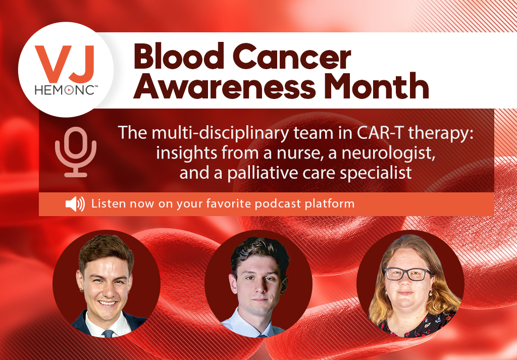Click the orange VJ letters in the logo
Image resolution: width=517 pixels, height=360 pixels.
[x=65, y=64]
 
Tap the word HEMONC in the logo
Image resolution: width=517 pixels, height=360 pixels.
[x=65, y=90]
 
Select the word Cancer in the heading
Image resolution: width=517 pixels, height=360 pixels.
[x=293, y=57]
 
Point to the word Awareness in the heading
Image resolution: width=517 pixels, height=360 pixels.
[x=224, y=86]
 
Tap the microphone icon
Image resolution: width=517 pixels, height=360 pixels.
[x=76, y=152]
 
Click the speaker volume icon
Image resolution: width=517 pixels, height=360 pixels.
[x=75, y=204]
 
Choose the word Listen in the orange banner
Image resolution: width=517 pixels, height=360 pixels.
[x=109, y=203]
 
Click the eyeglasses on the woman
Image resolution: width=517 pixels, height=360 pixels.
[x=407, y=274]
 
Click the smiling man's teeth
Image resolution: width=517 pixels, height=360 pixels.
[x=107, y=303]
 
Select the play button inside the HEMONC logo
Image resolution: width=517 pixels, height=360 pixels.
[x=69, y=90]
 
